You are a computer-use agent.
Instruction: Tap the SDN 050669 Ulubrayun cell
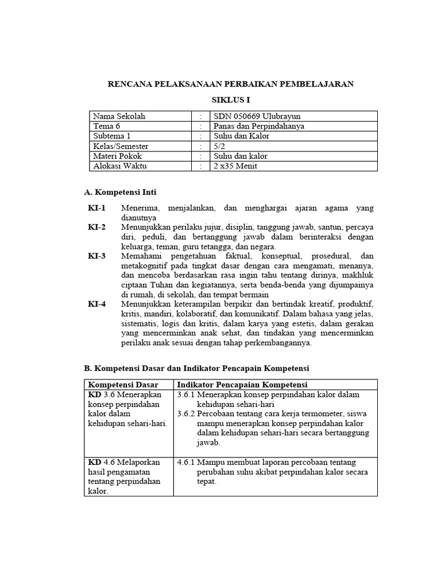click(x=248, y=116)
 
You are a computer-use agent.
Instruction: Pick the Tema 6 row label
click(x=107, y=126)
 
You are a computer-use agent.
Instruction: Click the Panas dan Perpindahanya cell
click(x=258, y=126)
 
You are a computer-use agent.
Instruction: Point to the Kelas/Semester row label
click(x=121, y=146)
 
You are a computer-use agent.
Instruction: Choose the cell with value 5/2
click(x=219, y=146)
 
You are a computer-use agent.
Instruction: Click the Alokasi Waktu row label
click(x=118, y=166)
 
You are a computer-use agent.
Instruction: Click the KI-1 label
click(x=96, y=208)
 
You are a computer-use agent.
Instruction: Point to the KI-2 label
click(x=96, y=227)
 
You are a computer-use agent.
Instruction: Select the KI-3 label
click(x=96, y=256)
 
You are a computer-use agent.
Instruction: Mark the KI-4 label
click(x=96, y=304)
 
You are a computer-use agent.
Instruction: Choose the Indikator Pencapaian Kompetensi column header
click(x=242, y=384)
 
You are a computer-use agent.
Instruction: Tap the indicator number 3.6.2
click(x=186, y=413)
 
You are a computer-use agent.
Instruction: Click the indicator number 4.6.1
click(x=186, y=462)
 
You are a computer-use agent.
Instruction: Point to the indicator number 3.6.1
click(x=186, y=394)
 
